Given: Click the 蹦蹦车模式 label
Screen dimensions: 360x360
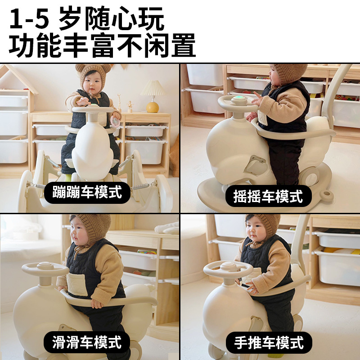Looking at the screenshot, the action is (87, 193).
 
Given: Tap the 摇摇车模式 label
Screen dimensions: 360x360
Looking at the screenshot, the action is (268, 196).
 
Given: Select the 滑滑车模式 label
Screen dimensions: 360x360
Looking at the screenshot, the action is (87, 342).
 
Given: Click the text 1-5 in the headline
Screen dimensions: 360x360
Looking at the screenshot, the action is (29, 19).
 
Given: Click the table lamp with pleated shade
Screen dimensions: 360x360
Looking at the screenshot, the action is (153, 96).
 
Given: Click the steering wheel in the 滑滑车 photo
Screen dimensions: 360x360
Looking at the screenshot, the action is (45, 269).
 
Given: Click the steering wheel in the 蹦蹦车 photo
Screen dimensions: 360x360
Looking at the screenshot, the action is (93, 109).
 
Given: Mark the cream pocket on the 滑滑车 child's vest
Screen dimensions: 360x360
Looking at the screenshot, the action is (77, 284).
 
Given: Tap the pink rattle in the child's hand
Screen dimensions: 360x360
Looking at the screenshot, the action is (115, 121).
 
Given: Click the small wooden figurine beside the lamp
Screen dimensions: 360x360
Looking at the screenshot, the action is (130, 107).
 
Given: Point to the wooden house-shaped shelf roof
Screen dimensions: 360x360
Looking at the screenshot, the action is (18, 78).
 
